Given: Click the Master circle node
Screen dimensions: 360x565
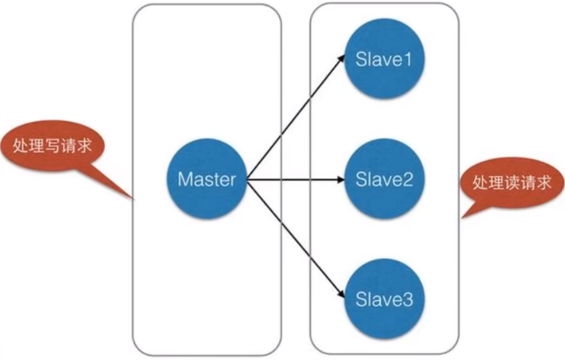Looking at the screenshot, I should coord(206,179).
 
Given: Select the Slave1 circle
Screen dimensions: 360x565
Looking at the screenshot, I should coord(382,59).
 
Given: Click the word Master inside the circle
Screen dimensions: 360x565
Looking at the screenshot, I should coord(206,179).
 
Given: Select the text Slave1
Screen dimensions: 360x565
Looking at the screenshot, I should coord(383,59).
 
